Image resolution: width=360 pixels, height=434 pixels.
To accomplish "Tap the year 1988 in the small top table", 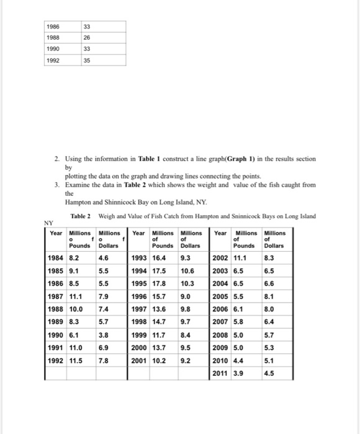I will click(x=54, y=38).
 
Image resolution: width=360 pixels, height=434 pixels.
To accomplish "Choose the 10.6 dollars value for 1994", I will click(x=187, y=271).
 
